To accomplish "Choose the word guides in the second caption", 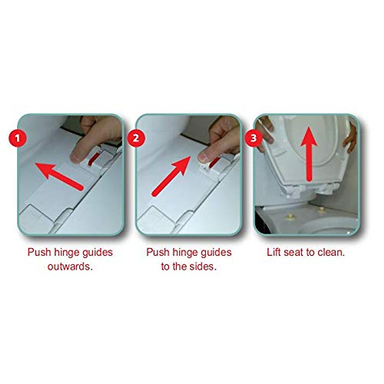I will coord(215,252).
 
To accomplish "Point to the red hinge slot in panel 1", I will coord(93,159).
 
